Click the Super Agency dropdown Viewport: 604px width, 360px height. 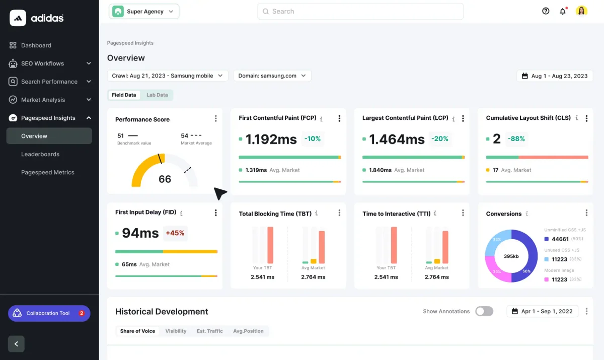point(144,12)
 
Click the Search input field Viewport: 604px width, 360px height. point(360,12)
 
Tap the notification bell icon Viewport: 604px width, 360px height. point(563,11)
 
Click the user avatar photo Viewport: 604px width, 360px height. point(581,11)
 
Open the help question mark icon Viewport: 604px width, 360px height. point(546,11)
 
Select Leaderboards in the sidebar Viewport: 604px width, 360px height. point(40,154)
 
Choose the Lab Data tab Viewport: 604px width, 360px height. point(157,95)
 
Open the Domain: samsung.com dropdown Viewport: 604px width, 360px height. point(272,76)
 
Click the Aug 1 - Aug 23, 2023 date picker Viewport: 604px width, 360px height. point(555,76)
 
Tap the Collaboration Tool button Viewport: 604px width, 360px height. point(49,313)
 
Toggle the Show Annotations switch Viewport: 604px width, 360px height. point(484,311)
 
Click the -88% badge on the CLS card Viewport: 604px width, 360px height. point(516,138)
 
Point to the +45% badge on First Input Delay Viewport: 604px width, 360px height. point(175,233)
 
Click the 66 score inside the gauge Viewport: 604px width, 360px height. point(165,179)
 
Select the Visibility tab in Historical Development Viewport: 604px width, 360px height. point(176,331)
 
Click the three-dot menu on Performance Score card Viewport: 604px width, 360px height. point(216,119)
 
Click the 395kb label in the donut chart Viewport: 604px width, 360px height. point(511,256)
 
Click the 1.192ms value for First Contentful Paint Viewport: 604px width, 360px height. point(271,139)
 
